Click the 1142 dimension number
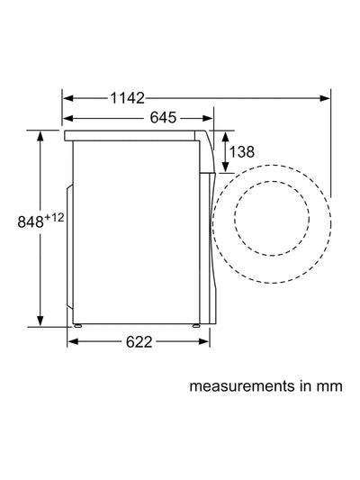127,98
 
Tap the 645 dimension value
163,118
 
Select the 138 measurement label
241,152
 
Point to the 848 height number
31,222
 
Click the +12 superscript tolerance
54,218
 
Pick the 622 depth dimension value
139,342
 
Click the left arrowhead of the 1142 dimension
68,98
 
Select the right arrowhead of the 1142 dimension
325,98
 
